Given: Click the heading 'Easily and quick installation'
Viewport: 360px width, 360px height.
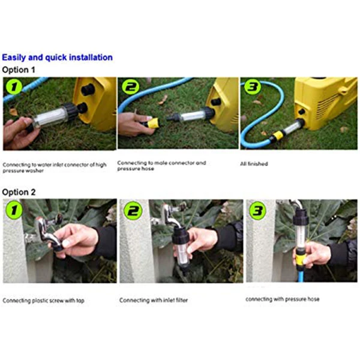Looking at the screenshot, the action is click(x=57, y=58).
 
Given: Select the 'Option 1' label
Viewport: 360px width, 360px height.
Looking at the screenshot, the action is click(x=19, y=70).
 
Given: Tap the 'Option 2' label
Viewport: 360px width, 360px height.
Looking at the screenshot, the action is click(x=19, y=192).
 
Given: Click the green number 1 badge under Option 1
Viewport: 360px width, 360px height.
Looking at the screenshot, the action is click(x=14, y=87).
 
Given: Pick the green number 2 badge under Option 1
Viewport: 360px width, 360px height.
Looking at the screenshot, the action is click(x=130, y=87).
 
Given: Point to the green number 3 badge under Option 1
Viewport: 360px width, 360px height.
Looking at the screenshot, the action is click(x=253, y=87).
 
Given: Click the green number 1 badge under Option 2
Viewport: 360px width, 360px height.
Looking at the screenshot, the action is click(x=14, y=211).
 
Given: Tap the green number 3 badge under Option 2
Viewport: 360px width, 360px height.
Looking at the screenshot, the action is click(x=257, y=211).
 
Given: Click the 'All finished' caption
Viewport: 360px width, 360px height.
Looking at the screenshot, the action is click(x=254, y=164).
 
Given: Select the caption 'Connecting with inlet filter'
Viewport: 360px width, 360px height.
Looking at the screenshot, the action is click(x=154, y=301).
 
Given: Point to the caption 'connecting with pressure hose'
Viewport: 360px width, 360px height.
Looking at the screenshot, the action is click(x=283, y=299).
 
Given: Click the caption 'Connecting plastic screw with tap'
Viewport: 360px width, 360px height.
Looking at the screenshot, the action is click(x=43, y=301).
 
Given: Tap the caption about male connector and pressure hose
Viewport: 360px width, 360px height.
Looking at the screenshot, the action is click(x=161, y=166).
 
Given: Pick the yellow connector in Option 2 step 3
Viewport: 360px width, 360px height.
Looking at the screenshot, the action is click(x=301, y=259).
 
